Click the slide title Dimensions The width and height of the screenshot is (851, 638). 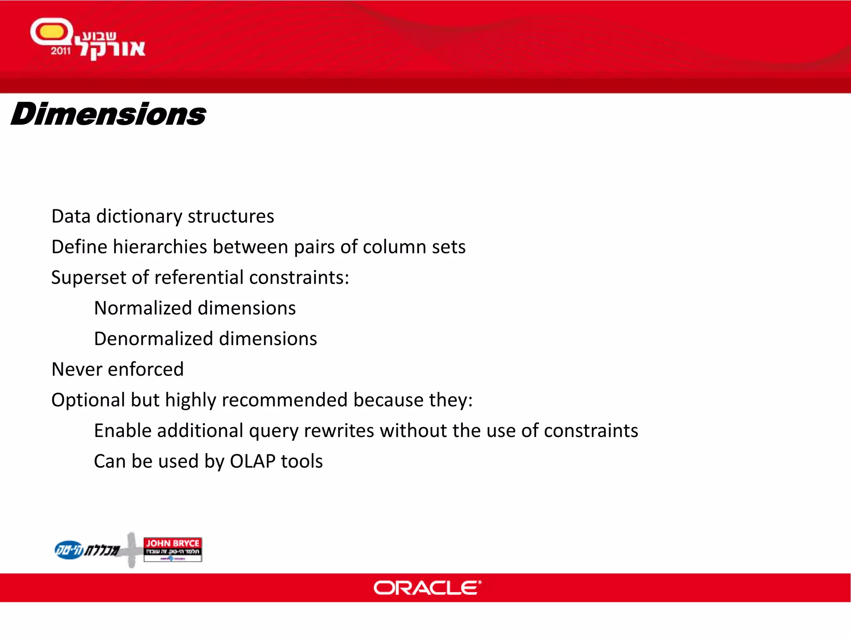(x=108, y=114)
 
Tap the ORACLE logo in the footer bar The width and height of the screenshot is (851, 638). (x=427, y=588)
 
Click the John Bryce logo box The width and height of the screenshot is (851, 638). (x=172, y=549)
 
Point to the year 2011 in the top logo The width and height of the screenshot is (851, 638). (x=61, y=51)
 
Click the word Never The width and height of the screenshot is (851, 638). (x=76, y=369)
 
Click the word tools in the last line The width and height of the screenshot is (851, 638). (x=302, y=461)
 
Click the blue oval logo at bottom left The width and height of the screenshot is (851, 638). (x=69, y=550)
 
